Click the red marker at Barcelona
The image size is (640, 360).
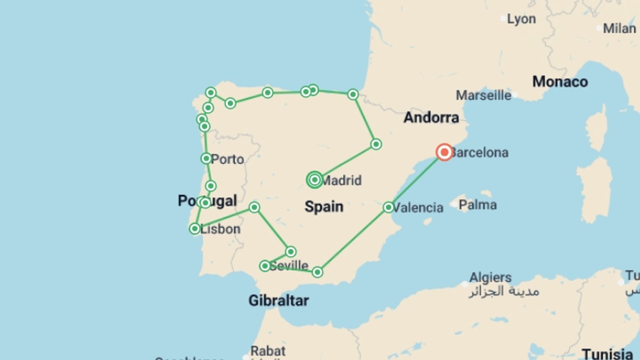pos(444,152)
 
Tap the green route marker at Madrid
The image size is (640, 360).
pos(315,180)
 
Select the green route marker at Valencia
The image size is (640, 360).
pos(388,207)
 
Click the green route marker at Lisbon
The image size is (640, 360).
pos(195,229)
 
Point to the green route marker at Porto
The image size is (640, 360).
pos(206,158)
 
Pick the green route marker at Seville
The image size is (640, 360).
pos(265,266)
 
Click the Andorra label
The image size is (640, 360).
pos(431,117)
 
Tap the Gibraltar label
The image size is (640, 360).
pos(279,301)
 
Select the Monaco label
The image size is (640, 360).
pos(560,82)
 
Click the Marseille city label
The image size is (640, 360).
pos(483,96)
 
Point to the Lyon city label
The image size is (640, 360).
pos(521,19)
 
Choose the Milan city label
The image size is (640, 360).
pos(619,28)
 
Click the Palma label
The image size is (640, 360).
pos(477,205)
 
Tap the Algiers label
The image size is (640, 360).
pos(490,277)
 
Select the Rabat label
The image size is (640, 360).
pos(268,351)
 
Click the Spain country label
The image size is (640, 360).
pos(324,207)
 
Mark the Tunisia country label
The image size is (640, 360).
pos(607,354)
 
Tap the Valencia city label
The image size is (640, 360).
pos(418,208)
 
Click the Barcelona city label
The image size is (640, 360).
pos(480,153)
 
